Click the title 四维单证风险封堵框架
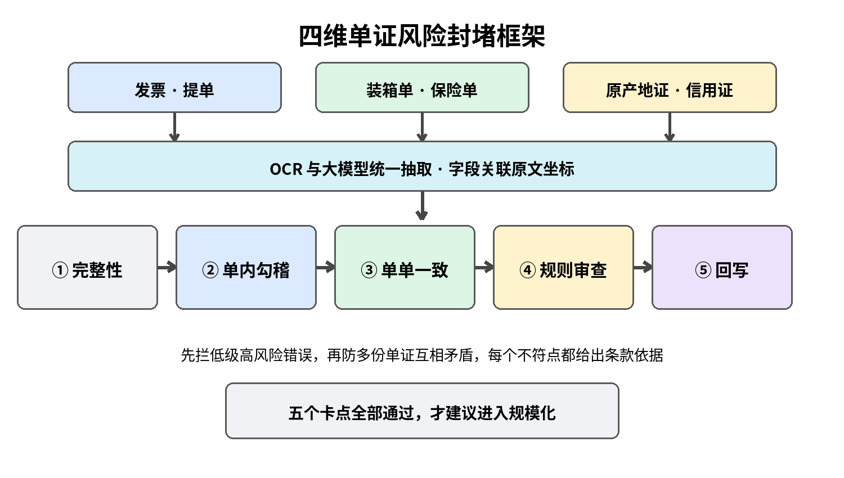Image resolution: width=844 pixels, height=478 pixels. click(x=422, y=36)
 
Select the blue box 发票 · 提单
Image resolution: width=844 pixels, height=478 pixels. click(x=174, y=87)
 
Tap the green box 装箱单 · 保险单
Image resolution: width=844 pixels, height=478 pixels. click(x=422, y=87)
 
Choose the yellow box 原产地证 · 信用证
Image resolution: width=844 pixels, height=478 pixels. click(x=670, y=87)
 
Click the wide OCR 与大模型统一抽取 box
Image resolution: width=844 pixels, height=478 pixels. click(x=422, y=166)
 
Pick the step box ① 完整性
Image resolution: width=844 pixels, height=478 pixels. click(x=87, y=268)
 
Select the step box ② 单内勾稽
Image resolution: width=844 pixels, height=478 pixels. click(x=246, y=268)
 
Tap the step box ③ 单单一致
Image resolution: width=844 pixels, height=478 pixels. click(x=405, y=268)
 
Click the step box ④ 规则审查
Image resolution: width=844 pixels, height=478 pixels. click(x=563, y=268)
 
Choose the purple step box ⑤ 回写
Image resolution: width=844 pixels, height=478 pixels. click(x=722, y=268)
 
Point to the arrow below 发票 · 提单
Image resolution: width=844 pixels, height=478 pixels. click(x=174, y=127)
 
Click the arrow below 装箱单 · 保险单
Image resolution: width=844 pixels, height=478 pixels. click(x=422, y=127)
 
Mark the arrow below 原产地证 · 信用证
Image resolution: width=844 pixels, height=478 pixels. click(x=670, y=127)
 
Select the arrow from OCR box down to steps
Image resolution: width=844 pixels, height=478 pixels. click(x=422, y=206)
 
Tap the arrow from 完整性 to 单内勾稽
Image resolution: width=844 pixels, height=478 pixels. click(x=167, y=268)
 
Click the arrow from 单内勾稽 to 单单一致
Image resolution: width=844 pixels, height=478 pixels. click(x=326, y=268)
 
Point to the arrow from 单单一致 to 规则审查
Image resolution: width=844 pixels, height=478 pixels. click(x=484, y=268)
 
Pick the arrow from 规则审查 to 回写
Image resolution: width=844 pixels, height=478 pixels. click(x=643, y=268)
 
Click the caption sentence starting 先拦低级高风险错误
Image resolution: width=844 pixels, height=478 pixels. click(x=422, y=355)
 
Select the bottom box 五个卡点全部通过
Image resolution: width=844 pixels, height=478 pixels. click(x=422, y=411)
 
